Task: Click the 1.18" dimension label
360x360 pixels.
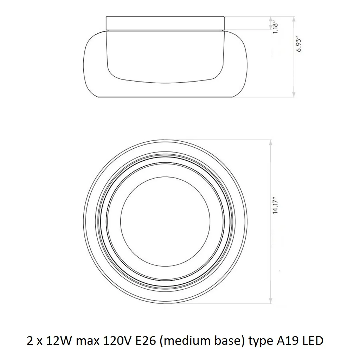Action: click(275, 28)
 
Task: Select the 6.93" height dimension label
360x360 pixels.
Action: click(298, 44)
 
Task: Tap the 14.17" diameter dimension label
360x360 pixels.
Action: click(275, 205)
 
